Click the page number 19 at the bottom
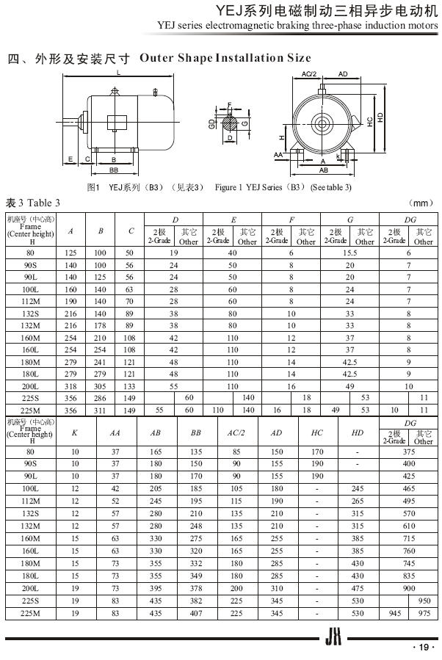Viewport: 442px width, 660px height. coord(424,647)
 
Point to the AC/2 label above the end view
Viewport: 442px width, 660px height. coord(309,74)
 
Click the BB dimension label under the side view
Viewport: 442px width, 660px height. coord(114,169)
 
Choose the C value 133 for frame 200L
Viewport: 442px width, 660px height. coord(130,386)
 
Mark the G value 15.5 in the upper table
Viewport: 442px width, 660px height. coord(349,252)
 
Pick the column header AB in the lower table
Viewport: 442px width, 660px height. coord(156,433)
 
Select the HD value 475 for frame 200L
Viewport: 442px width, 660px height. coord(358,588)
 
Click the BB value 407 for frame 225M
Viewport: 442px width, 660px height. coord(196,612)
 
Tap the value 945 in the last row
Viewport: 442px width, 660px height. coord(394,612)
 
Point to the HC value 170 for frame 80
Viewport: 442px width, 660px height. coord(317,452)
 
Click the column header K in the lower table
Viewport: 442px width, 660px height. coord(75,433)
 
